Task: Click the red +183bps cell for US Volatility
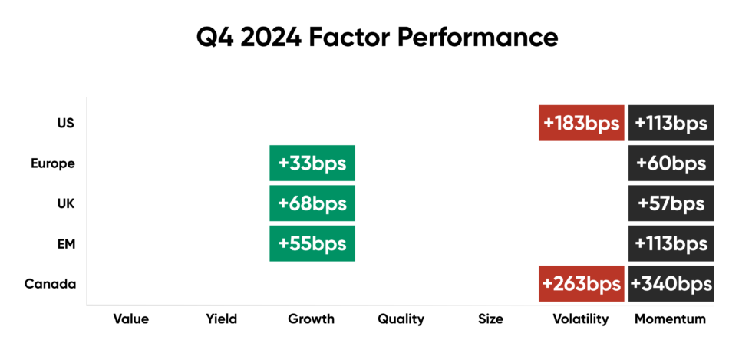click(x=580, y=123)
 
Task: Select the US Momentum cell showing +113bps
click(x=671, y=123)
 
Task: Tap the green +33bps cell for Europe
click(x=312, y=163)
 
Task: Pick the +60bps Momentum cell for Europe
click(x=671, y=163)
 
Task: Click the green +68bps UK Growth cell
click(x=312, y=203)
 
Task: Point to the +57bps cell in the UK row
click(x=671, y=203)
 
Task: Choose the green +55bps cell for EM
click(x=312, y=243)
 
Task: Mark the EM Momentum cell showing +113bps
click(x=671, y=243)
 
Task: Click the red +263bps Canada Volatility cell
click(x=580, y=283)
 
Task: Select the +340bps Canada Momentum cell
click(x=671, y=283)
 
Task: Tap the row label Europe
click(x=52, y=163)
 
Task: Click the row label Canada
click(x=50, y=284)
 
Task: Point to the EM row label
click(x=65, y=243)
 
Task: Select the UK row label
click(x=65, y=203)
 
